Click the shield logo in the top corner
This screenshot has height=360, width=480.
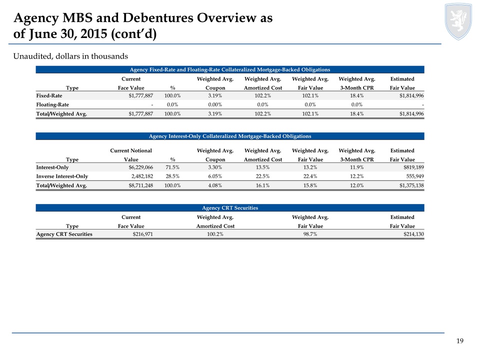[x=458, y=21]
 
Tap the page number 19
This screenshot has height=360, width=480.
[x=460, y=341]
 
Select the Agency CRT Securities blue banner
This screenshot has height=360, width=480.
[x=230, y=208]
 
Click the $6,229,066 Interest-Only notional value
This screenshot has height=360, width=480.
[x=141, y=167]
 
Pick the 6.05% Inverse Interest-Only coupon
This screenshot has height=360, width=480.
[x=215, y=176]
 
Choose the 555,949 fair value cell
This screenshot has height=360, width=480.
[x=415, y=176]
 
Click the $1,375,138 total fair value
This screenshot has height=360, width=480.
[x=411, y=185]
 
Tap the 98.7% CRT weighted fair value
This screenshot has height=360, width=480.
[x=310, y=234]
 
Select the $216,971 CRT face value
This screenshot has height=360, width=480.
[x=142, y=234]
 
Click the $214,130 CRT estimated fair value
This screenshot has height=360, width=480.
[x=413, y=234]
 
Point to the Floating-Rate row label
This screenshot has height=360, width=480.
[x=52, y=104]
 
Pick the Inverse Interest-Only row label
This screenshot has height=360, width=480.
[x=62, y=176]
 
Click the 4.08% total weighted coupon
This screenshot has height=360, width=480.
[x=215, y=185]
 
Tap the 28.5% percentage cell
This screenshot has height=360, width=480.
[x=172, y=176]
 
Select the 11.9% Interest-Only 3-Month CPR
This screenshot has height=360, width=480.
[x=357, y=167]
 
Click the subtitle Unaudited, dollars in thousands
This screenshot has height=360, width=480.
[x=70, y=56]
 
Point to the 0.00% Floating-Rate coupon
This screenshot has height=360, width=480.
[x=215, y=104]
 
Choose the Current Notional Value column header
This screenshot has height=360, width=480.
[x=131, y=155]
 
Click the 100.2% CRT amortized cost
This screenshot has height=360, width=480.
[x=215, y=234]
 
